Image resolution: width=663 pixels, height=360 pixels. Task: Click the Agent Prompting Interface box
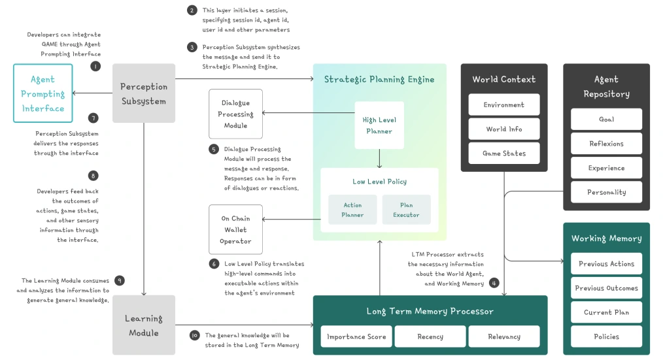coord(43,93)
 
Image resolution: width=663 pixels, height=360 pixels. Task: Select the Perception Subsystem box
coord(144,93)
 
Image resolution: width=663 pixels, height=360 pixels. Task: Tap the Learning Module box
coord(144,325)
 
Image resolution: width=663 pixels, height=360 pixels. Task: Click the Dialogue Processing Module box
coord(235,114)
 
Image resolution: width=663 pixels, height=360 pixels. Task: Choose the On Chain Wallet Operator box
coord(235,230)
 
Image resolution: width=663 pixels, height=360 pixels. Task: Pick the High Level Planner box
coord(379,125)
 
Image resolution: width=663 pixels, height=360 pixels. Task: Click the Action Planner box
coord(352,210)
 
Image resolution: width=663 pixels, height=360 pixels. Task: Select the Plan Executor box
coord(406,210)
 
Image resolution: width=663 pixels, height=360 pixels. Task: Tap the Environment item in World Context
coord(504,105)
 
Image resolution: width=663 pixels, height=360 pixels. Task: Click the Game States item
coord(504,154)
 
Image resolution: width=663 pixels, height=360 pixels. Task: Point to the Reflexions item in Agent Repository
coord(606,144)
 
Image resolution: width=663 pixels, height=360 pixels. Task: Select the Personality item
coord(606,192)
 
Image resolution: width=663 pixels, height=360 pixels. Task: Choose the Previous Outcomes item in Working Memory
coord(606,288)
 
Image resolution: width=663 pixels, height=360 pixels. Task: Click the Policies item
coord(606,336)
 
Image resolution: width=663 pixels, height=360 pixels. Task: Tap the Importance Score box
coord(357,336)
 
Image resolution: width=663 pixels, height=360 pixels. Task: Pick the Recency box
coord(430,336)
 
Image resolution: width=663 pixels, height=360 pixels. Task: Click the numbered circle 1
coord(95,66)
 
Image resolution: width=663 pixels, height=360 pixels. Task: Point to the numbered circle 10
coord(194,335)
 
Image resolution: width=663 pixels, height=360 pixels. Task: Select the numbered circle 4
coord(494,283)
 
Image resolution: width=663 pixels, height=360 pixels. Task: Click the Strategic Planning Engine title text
coord(379,80)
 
